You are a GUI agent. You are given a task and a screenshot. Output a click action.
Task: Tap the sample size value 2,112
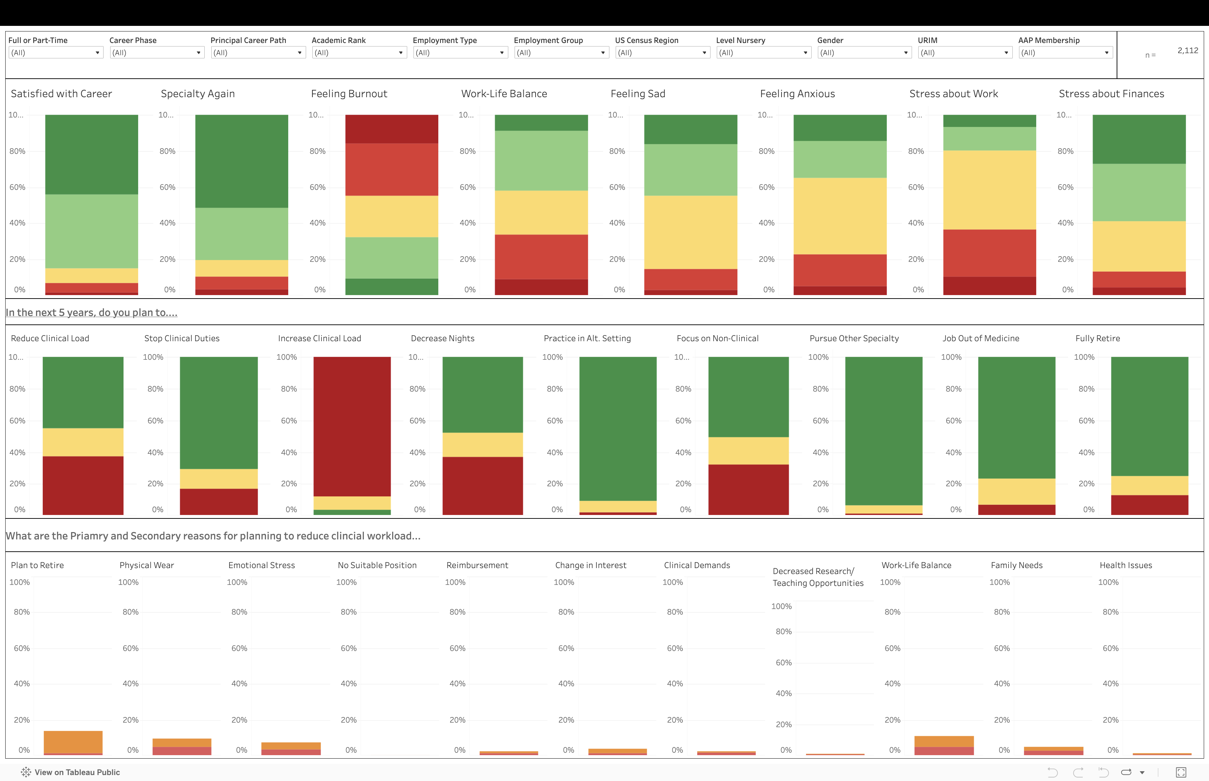(x=1187, y=51)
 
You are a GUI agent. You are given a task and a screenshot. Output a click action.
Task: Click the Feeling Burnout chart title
(x=349, y=94)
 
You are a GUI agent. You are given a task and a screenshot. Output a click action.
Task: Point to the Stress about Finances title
(x=1111, y=94)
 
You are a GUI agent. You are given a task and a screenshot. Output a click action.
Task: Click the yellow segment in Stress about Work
(x=989, y=190)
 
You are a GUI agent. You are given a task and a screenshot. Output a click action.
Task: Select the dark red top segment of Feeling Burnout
(x=392, y=129)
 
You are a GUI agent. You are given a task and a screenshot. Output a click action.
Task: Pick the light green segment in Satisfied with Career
(x=91, y=231)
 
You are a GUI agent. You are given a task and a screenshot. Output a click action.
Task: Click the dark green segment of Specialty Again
(x=241, y=161)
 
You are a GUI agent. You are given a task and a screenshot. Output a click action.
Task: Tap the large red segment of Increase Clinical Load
(x=352, y=426)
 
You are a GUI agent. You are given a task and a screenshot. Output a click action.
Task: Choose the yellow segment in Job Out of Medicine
(x=1017, y=492)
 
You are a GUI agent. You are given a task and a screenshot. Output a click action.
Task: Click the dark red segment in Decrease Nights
(x=482, y=486)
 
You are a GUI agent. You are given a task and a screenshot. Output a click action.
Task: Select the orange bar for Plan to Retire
(x=73, y=742)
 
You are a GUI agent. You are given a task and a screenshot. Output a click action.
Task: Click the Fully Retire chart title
(x=1097, y=338)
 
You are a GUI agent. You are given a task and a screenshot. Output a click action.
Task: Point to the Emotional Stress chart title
(x=261, y=565)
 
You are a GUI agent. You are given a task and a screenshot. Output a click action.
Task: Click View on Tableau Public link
(x=77, y=772)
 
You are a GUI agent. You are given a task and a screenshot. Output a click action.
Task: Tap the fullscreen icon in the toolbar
(x=1181, y=772)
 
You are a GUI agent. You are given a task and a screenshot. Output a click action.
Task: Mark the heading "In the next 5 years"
(x=91, y=313)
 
